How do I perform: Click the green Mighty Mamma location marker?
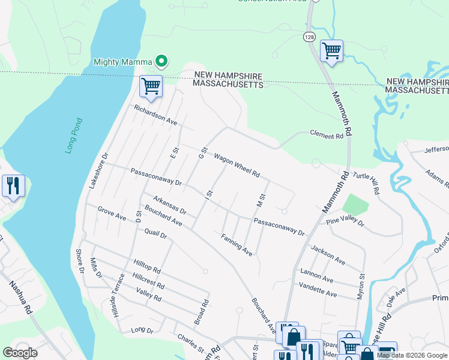click(161, 61)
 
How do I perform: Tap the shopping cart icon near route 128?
click(331, 50)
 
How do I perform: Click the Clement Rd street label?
click(326, 136)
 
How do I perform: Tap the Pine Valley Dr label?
click(345, 223)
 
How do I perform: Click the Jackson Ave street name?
click(328, 255)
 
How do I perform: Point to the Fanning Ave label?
click(237, 244)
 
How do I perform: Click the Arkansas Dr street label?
click(169, 205)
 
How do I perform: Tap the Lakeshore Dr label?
click(97, 170)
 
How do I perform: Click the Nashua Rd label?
click(19, 298)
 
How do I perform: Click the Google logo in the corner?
click(20, 353)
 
